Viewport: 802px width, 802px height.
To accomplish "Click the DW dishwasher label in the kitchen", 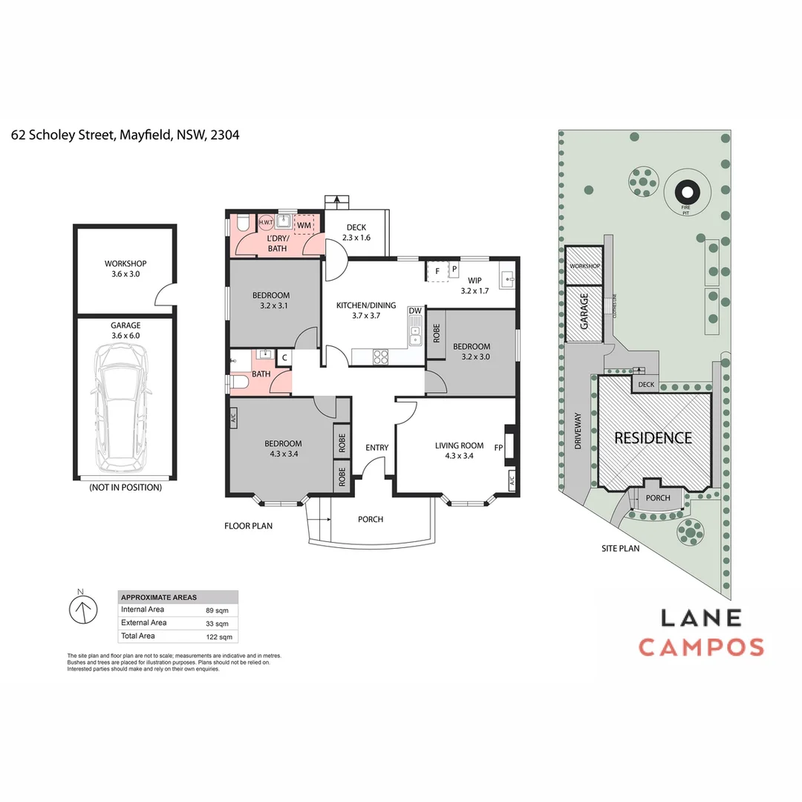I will (x=414, y=310).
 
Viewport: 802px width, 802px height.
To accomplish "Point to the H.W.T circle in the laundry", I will (x=266, y=223).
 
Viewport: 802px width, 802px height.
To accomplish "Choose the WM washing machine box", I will (x=304, y=224).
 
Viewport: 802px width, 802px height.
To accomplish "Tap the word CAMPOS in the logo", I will (x=701, y=647).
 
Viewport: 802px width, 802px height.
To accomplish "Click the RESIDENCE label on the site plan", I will (x=653, y=438).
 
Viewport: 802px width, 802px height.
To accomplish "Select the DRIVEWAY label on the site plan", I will (x=578, y=430).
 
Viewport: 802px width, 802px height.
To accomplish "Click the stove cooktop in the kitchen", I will (x=380, y=357).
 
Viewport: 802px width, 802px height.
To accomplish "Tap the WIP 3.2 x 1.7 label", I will (x=472, y=286).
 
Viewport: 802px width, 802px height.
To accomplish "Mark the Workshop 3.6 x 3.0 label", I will (x=125, y=269).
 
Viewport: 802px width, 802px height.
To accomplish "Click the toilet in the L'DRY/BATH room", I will (x=241, y=224).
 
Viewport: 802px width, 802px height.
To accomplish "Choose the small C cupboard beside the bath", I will (x=283, y=358).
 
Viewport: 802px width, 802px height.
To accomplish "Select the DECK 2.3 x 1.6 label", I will (x=356, y=232).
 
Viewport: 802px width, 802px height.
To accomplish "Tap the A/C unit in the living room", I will (x=512, y=483).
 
